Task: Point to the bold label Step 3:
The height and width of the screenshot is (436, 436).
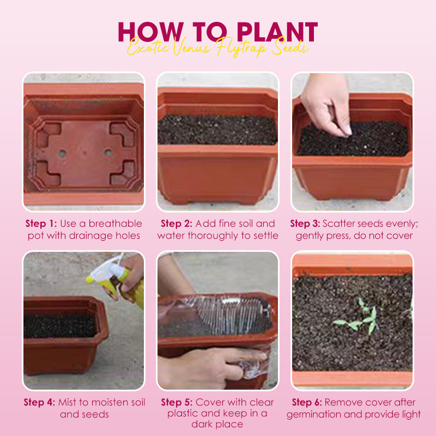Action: pos(305,223)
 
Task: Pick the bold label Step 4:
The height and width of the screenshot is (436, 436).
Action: pos(39,403)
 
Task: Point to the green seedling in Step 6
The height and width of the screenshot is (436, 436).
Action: pos(360,319)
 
